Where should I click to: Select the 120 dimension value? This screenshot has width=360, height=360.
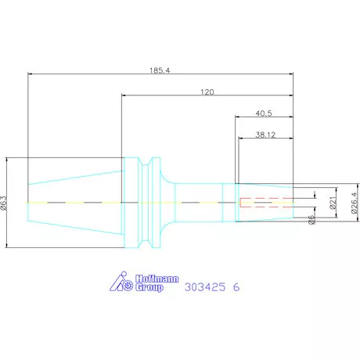[x=206, y=92]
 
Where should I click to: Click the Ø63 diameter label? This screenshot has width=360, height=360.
[x=6, y=203]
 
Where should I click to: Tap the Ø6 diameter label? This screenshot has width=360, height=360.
[x=311, y=221]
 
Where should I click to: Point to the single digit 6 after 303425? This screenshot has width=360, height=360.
[x=236, y=287]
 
